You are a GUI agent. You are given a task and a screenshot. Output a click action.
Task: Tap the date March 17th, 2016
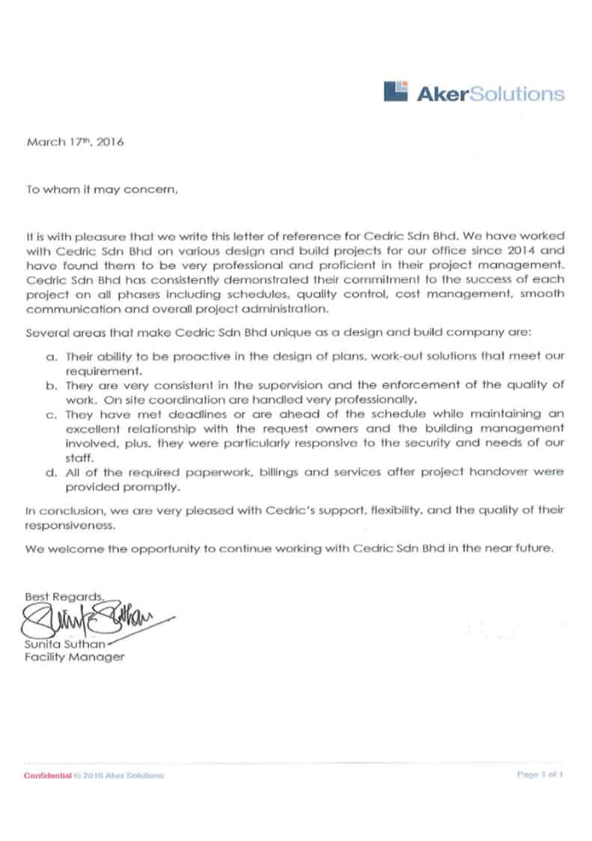(75, 142)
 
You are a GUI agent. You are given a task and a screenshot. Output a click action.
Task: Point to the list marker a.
(50, 358)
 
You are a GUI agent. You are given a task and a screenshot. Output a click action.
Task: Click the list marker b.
(50, 386)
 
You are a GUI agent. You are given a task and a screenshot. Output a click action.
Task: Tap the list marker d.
(50, 474)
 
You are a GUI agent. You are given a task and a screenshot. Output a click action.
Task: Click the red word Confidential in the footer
(47, 775)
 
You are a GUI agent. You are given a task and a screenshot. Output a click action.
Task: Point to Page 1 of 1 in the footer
(539, 774)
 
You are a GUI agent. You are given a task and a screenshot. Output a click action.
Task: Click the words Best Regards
(63, 597)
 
